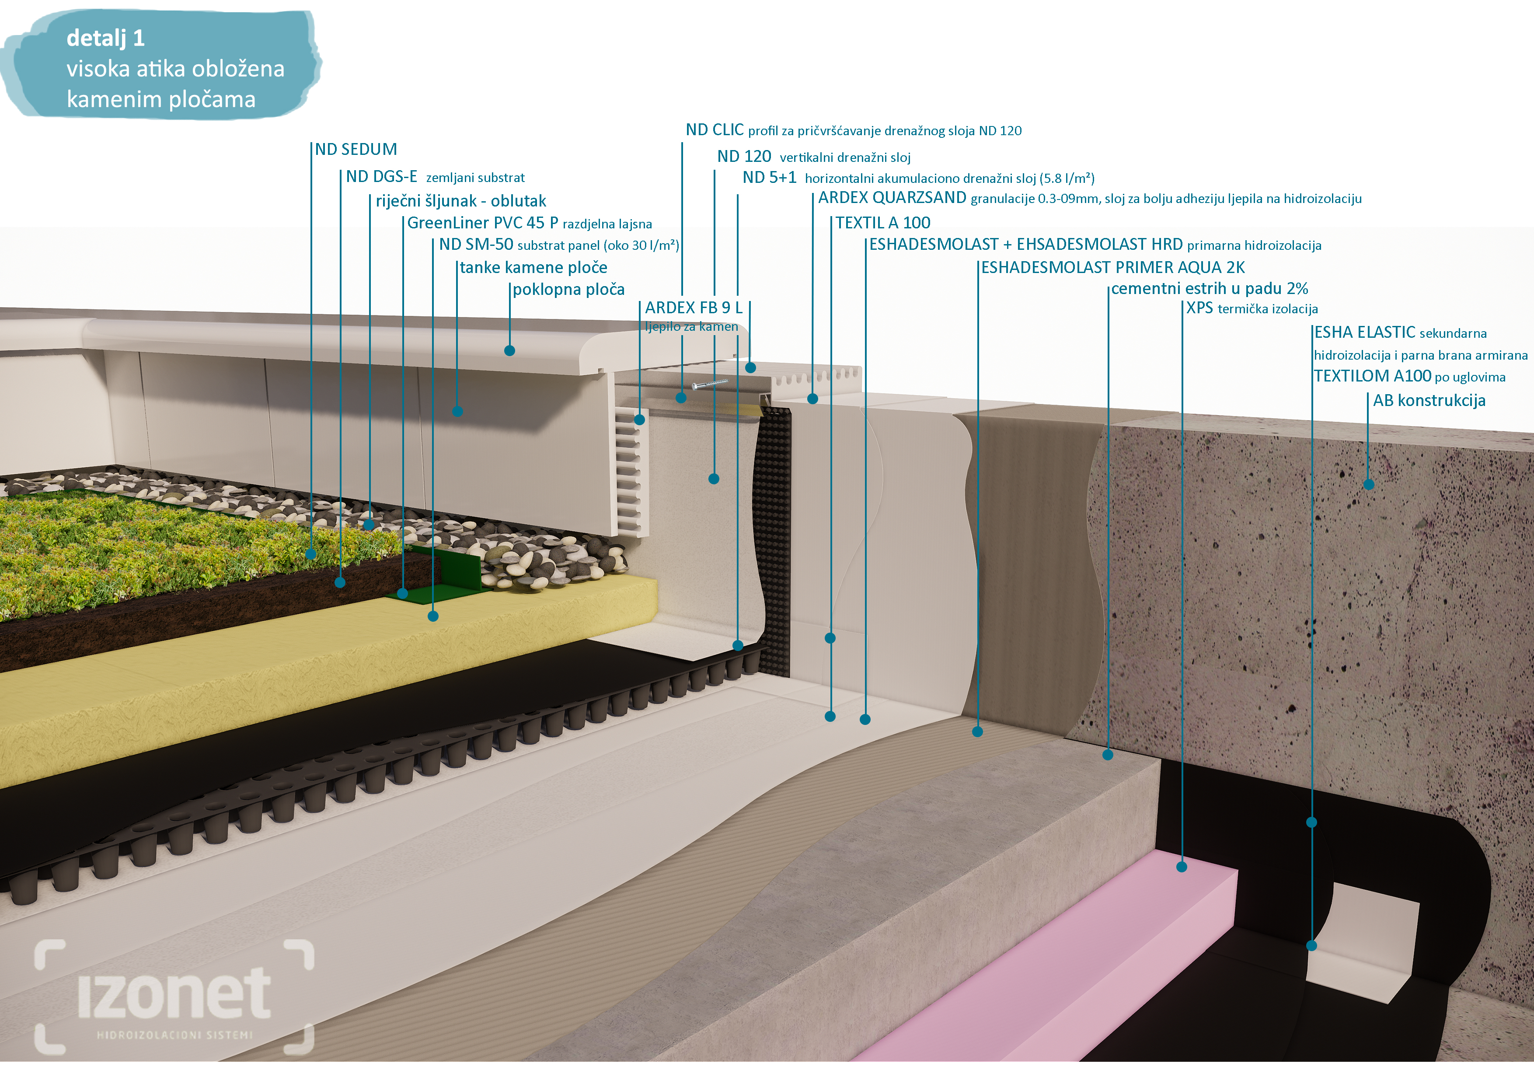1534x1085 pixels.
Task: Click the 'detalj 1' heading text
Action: tap(105, 38)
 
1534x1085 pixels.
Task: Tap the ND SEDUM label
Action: tap(356, 150)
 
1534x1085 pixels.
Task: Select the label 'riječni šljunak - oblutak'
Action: tap(460, 201)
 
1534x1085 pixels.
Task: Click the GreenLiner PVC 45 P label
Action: tap(482, 223)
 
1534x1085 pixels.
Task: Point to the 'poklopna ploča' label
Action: tap(568, 290)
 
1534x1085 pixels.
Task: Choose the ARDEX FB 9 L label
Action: tap(694, 308)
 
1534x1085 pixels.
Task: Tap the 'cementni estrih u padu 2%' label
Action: tap(1209, 289)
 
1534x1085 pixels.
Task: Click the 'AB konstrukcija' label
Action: tap(1429, 400)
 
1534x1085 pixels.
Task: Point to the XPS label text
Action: tap(1199, 309)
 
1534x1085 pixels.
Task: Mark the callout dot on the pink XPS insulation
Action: tap(1181, 867)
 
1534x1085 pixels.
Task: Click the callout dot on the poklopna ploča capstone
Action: tap(510, 351)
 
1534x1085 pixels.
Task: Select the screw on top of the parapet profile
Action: tap(710, 384)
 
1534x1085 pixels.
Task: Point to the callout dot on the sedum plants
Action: tap(310, 554)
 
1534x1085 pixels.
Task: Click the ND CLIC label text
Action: tap(714, 130)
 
